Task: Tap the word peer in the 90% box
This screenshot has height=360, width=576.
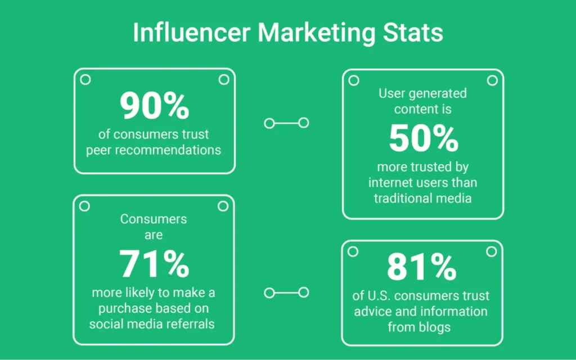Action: tap(101, 150)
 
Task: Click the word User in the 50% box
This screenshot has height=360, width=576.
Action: tap(392, 93)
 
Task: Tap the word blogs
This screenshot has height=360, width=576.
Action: tap(437, 326)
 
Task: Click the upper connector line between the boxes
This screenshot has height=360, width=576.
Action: tap(286, 123)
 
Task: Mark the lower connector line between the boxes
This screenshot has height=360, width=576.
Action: tap(286, 292)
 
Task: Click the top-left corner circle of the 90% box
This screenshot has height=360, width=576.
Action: tap(85, 80)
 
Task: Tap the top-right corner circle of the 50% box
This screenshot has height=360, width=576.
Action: tap(492, 80)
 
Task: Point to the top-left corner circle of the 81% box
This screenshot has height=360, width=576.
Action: tap(353, 251)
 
